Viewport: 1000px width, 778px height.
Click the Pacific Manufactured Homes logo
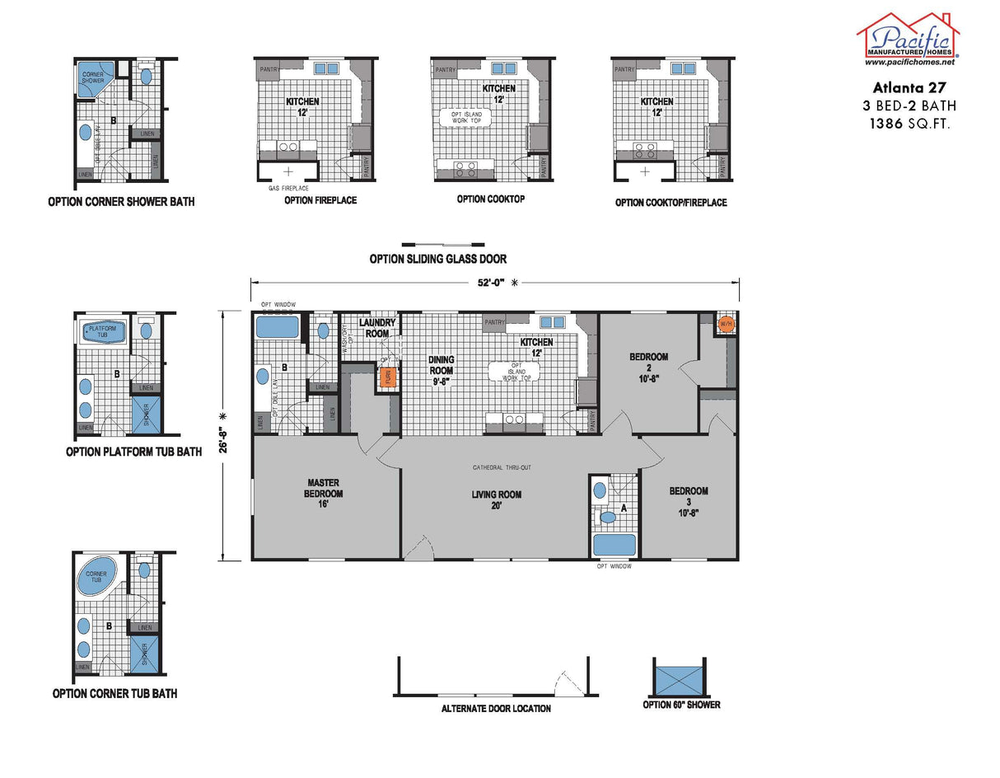tap(908, 39)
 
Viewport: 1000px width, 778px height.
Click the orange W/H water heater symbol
tap(726, 324)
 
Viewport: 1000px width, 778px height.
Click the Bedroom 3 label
tap(688, 496)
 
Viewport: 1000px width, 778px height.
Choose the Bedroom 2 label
tap(649, 362)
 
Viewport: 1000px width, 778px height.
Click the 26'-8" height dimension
tap(224, 434)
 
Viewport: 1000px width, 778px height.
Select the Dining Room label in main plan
tap(442, 370)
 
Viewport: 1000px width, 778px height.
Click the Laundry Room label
tap(377, 327)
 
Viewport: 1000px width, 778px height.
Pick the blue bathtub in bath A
tap(614, 545)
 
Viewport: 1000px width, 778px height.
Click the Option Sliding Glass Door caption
tap(437, 259)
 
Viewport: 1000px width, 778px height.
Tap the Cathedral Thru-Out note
tap(502, 468)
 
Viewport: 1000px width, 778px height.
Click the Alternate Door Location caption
tap(496, 709)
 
